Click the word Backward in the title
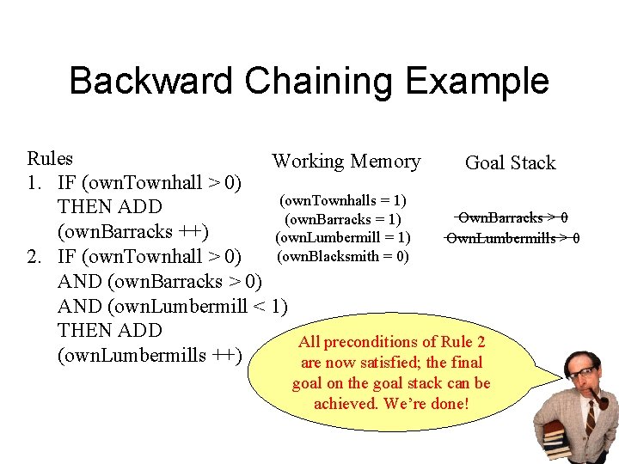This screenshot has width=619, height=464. pyautogui.click(x=150, y=82)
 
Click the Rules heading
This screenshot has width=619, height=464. pyautogui.click(x=50, y=159)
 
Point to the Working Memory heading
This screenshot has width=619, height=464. pyautogui.click(x=346, y=162)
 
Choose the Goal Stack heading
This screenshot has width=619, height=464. pyautogui.click(x=510, y=163)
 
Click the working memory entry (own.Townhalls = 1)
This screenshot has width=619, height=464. pyautogui.click(x=343, y=200)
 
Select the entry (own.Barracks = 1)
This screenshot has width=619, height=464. pyautogui.click(x=343, y=219)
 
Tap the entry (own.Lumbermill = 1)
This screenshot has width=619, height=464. pyautogui.click(x=343, y=237)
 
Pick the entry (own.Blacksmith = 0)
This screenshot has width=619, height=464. pyautogui.click(x=343, y=256)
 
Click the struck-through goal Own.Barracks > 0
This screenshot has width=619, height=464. pyautogui.click(x=512, y=218)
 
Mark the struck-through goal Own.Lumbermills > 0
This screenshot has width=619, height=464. pyautogui.click(x=512, y=238)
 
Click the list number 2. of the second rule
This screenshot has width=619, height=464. pyautogui.click(x=37, y=257)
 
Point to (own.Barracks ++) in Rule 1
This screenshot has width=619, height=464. pyautogui.click(x=132, y=232)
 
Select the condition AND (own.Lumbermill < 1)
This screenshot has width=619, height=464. pyautogui.click(x=172, y=307)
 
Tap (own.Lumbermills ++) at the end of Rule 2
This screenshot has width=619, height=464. pyautogui.click(x=149, y=356)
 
